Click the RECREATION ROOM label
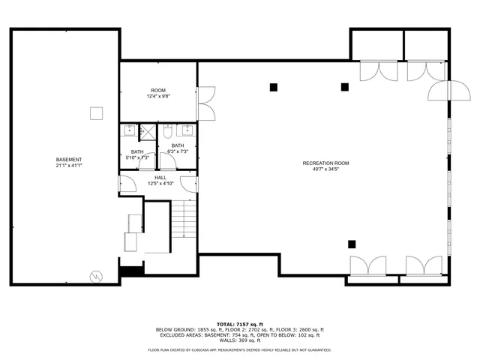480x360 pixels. click(325, 163)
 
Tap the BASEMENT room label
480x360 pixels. click(69, 160)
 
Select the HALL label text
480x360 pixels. click(160, 178)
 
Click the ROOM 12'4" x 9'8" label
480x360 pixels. click(158, 93)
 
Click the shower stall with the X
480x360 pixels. click(148, 132)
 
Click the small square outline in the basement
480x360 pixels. click(95, 113)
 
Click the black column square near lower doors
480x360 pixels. click(352, 243)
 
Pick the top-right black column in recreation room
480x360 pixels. click(345, 87)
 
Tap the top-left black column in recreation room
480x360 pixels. click(274, 87)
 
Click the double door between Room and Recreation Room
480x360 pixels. click(205, 103)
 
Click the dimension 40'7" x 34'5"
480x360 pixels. click(325, 169)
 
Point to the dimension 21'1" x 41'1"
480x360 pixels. click(69, 166)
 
